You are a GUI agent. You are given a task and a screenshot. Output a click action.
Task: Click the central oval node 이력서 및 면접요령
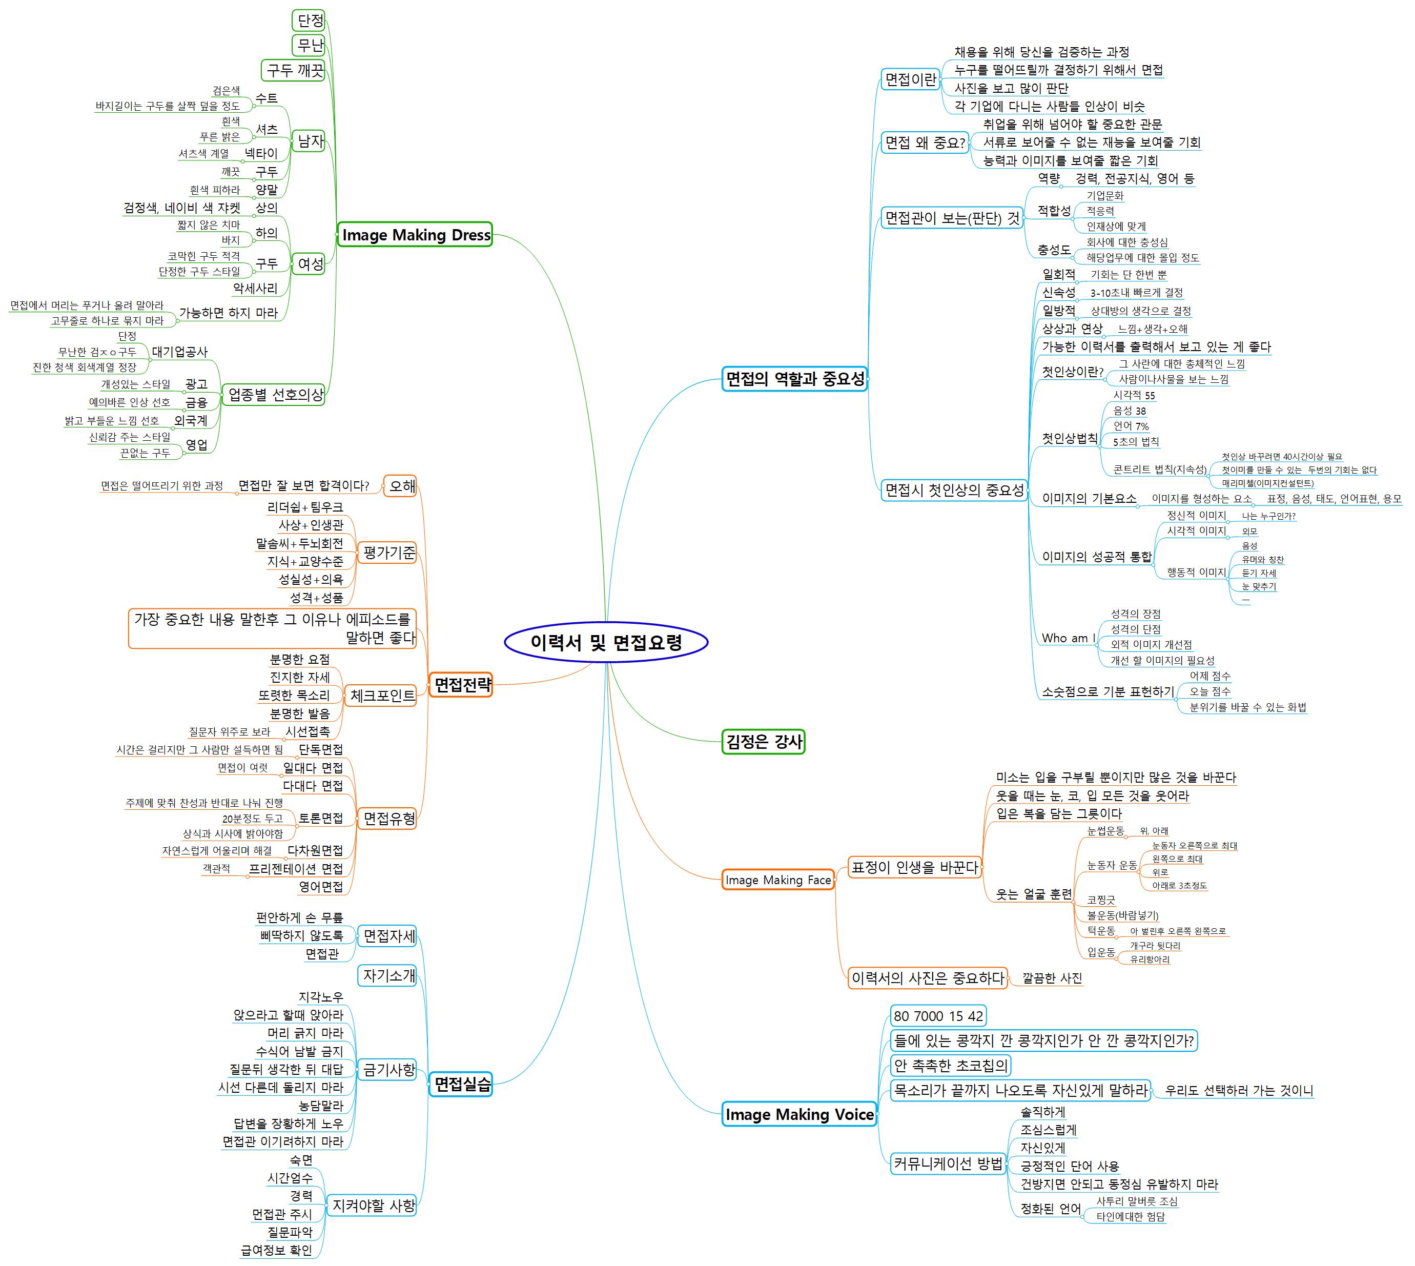pos(605,642)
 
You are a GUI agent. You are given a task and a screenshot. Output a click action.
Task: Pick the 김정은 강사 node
pos(763,742)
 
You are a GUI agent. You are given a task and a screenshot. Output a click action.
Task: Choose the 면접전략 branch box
pos(462,685)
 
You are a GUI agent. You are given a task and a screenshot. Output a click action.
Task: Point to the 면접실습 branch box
pos(461,1084)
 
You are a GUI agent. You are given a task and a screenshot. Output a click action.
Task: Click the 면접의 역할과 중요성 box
pos(794,379)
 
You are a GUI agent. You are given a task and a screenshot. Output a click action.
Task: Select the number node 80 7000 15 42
pos(938,1016)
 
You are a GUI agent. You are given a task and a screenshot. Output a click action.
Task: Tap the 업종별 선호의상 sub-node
pos(276,395)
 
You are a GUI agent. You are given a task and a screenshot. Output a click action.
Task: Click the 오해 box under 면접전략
pos(401,485)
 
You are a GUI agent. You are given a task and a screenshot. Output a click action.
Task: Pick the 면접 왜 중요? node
pos(925,142)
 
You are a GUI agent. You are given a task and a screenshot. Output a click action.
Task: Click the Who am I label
pos(1068,638)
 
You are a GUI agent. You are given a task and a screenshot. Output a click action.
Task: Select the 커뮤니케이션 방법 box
pos(948,1163)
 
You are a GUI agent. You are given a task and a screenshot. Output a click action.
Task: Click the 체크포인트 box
pos(382,695)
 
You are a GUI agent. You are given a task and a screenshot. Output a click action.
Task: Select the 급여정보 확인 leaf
pos(276,1250)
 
